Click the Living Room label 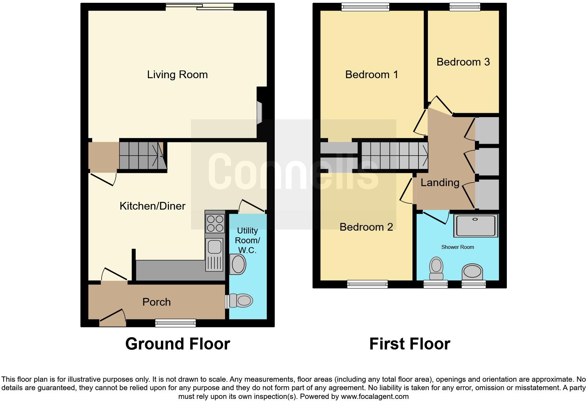tap(177, 75)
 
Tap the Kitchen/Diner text tap(152, 206)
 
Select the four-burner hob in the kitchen tap(215, 224)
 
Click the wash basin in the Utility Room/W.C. tap(238, 264)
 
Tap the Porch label tap(156, 302)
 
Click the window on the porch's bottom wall tap(176, 323)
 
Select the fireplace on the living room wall tap(260, 113)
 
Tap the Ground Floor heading tap(177, 344)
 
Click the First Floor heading tap(409, 344)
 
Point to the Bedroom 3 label tap(463, 62)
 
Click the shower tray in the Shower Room tap(476, 225)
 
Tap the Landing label tap(440, 183)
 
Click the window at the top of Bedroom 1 tap(366, 7)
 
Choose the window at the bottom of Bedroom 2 tap(367, 284)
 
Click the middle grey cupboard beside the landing tap(487, 162)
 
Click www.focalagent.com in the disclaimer tap(375, 397)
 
